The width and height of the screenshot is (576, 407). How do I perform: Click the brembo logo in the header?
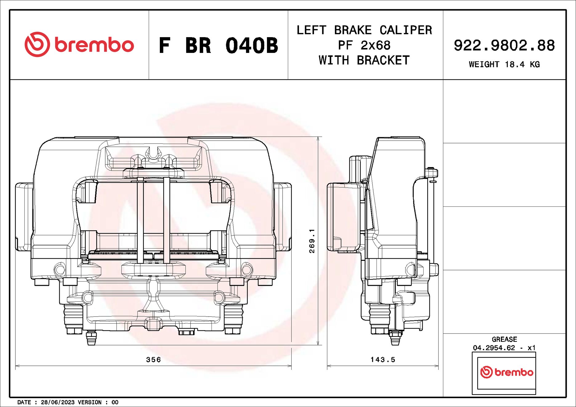(x=79, y=45)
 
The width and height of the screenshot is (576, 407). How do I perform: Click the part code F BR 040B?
(x=218, y=46)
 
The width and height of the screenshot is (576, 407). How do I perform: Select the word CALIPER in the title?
(x=405, y=30)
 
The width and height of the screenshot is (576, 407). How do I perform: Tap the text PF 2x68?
(x=364, y=45)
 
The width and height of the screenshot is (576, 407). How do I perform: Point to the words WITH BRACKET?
(x=364, y=60)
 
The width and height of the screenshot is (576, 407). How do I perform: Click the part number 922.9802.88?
(x=504, y=45)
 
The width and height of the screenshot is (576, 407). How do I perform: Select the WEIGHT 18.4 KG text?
(x=504, y=64)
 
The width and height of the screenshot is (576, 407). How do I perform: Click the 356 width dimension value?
(x=153, y=359)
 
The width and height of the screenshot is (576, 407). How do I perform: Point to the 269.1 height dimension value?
(x=312, y=241)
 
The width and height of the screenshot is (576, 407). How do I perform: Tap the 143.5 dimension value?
(x=383, y=359)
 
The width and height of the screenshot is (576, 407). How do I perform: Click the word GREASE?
(x=504, y=339)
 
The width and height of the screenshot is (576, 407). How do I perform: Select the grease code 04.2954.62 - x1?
(x=504, y=348)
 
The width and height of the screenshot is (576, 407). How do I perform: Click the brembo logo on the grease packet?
(x=506, y=372)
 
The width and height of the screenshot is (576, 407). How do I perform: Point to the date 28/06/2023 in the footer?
(x=58, y=402)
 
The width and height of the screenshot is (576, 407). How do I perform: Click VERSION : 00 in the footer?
(x=98, y=402)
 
